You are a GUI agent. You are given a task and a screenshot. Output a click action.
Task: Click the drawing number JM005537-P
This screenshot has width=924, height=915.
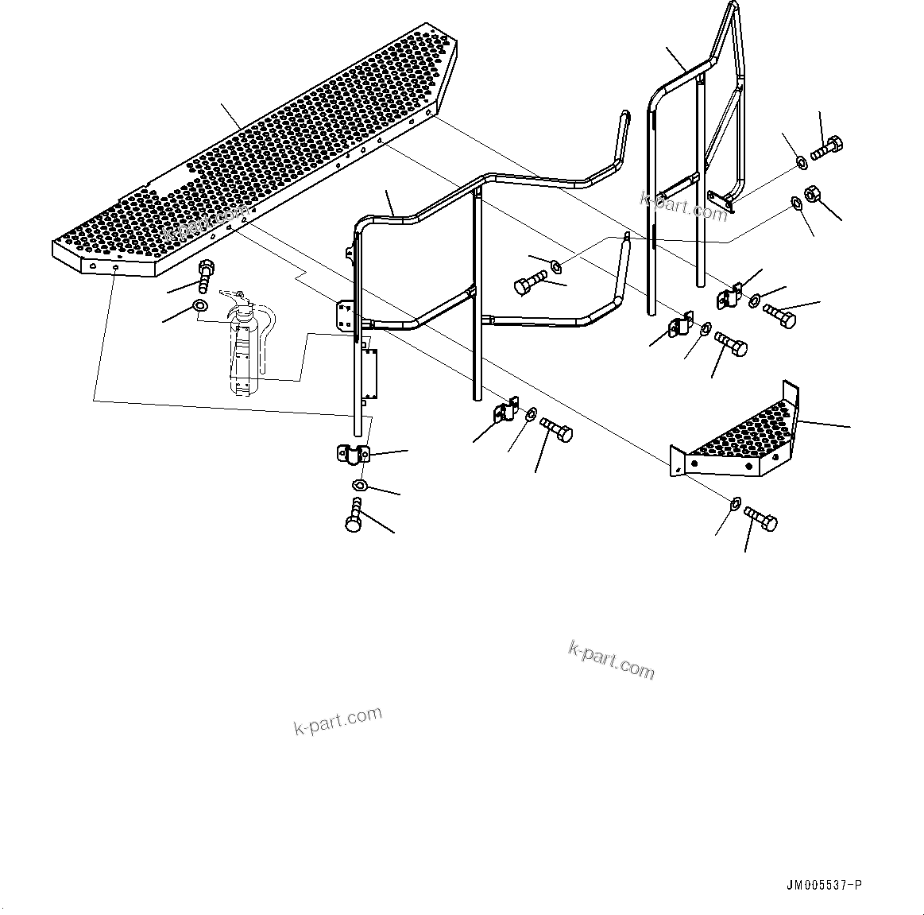pos(822,885)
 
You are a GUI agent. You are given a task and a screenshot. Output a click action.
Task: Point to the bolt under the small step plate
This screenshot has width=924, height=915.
pos(761,521)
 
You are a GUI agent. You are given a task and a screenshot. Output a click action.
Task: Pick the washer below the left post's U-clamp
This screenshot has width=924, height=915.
pos(360,485)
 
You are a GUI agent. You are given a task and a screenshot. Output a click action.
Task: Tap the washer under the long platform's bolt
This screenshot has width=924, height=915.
pos(201,306)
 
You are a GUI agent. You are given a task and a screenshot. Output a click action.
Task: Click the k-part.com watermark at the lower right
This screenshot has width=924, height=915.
pos(612,660)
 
